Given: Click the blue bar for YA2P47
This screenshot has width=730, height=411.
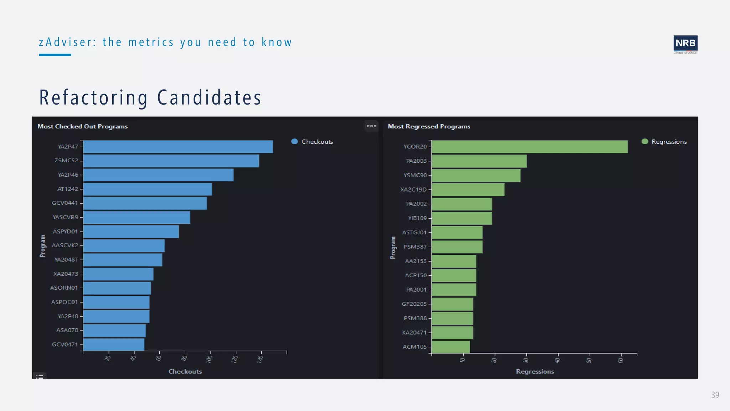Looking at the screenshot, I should click(178, 147).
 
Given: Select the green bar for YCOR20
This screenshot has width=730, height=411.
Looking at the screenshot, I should click(530, 147).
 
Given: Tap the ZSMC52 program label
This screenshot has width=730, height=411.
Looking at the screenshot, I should click(66, 161).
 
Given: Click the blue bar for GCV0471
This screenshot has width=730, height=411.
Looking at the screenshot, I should click(114, 345).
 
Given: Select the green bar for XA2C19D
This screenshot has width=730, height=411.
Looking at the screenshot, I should click(468, 189).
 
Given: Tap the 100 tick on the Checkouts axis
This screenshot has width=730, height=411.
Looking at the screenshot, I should click(210, 359).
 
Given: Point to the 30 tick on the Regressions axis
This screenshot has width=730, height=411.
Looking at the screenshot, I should click(526, 360).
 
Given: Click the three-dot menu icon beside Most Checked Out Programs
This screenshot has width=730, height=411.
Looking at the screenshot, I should click(371, 126).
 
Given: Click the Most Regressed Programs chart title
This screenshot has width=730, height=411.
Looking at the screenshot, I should click(429, 127).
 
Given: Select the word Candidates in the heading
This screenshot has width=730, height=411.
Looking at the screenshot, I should click(209, 98).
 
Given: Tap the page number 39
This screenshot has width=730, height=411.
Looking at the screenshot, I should click(715, 395).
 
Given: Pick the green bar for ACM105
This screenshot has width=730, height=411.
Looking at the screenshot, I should click(451, 347).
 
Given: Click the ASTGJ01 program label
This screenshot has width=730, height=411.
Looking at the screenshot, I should click(414, 233).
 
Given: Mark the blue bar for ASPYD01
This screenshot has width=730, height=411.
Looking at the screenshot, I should click(131, 232).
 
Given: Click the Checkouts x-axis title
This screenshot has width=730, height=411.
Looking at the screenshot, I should click(185, 371).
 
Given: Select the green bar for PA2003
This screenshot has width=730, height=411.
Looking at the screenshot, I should click(479, 161).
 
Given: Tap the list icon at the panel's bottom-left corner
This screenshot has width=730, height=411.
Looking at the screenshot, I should click(40, 376).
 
